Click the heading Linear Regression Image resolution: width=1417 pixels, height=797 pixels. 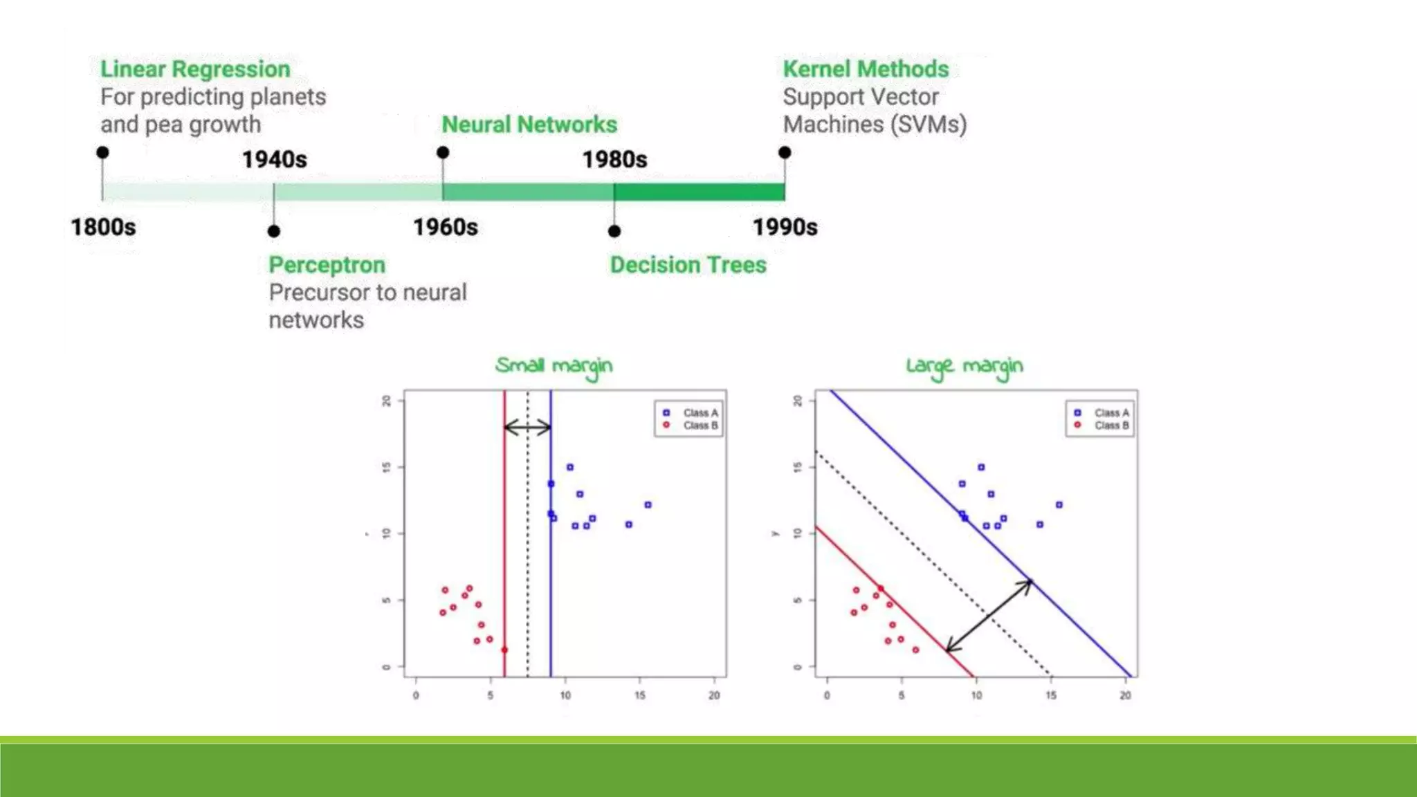pyautogui.click(x=195, y=69)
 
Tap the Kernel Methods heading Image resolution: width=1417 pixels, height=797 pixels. pyautogui.click(x=866, y=69)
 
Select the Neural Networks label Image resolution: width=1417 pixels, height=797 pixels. pyautogui.click(x=529, y=125)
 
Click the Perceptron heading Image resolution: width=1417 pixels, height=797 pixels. pyautogui.click(x=327, y=265)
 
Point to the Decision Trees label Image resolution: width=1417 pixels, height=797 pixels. pyautogui.click(x=688, y=265)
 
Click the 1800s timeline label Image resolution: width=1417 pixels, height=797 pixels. pyautogui.click(x=103, y=227)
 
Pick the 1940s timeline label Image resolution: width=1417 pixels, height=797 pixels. pyautogui.click(x=274, y=160)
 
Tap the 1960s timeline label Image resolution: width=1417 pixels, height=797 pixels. pyautogui.click(x=445, y=227)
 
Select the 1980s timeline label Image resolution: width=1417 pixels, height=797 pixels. pyautogui.click(x=614, y=160)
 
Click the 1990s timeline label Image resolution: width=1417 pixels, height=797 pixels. pyautogui.click(x=785, y=227)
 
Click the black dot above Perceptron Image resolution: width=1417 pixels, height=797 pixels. pyautogui.click(x=274, y=231)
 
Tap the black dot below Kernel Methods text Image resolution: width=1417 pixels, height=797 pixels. pyautogui.click(x=785, y=152)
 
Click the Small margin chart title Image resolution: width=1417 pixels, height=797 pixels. pyautogui.click(x=554, y=366)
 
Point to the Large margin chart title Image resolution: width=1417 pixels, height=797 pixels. pyautogui.click(x=964, y=366)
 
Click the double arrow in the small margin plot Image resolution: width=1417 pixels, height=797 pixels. pyautogui.click(x=527, y=428)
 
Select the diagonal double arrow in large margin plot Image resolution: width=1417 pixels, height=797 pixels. pyautogui.click(x=989, y=616)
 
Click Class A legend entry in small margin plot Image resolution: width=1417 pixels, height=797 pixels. pyautogui.click(x=694, y=413)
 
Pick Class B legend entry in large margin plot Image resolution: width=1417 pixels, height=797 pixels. pyautogui.click(x=1105, y=425)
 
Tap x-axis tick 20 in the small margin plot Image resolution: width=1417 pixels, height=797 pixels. pyautogui.click(x=714, y=695)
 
